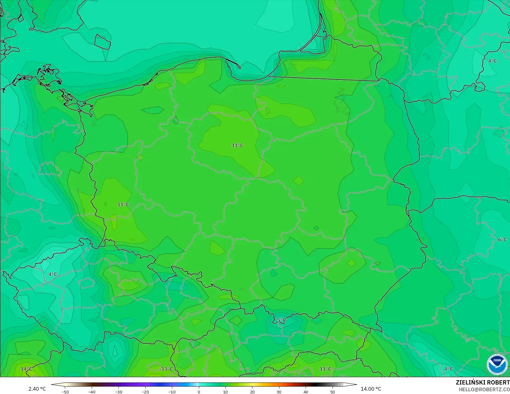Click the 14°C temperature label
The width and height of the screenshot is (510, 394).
[26, 369]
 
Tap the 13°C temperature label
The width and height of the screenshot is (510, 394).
[167, 369]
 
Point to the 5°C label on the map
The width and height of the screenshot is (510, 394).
[281, 320]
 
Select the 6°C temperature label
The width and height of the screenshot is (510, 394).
[502, 239]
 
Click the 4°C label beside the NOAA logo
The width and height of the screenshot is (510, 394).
[449, 369]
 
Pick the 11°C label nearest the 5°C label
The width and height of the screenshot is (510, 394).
[325, 369]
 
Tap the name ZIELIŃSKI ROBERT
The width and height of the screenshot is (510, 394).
[482, 382]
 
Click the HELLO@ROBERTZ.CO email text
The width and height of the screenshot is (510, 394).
[484, 389]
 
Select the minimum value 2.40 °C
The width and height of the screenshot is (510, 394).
[37, 389]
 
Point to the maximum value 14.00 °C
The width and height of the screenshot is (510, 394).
[371, 389]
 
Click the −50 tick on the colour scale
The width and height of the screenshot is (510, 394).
[65, 392]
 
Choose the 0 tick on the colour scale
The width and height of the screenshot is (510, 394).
[199, 392]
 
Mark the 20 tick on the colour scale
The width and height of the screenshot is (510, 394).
[252, 392]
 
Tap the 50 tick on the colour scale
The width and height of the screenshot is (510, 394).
[333, 392]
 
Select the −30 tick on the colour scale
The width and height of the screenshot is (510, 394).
[118, 392]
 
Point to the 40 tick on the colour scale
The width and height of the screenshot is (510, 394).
[306, 392]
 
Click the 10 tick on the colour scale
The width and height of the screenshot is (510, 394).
[225, 392]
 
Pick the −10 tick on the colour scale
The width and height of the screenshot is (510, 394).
[172, 392]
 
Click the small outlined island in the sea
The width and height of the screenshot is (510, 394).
[102, 42]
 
